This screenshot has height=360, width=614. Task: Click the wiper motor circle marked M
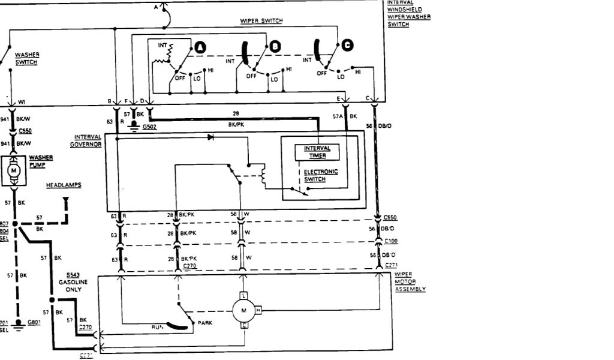[243, 310]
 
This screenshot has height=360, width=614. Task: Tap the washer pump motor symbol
[13, 172]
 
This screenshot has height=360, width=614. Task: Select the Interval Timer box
[317, 152]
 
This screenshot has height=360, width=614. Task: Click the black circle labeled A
[199, 47]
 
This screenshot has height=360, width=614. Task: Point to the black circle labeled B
[275, 46]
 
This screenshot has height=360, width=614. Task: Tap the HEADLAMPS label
[64, 185]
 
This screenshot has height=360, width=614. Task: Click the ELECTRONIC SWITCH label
[321, 175]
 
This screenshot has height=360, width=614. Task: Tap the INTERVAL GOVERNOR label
[86, 140]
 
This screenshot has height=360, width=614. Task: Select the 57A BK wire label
[344, 116]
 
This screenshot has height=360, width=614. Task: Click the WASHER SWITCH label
[26, 58]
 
